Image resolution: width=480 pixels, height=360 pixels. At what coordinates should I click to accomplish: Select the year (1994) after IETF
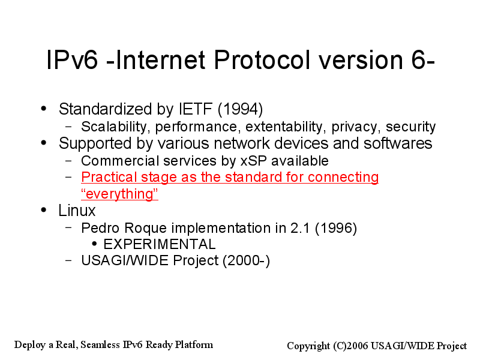[241, 109]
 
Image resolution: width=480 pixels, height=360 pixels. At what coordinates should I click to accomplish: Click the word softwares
[398, 143]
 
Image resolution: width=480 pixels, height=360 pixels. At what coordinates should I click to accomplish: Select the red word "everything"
[119, 194]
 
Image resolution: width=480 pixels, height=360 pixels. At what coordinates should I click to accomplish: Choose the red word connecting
[343, 178]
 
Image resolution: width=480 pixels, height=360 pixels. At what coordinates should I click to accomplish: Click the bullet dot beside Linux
[44, 210]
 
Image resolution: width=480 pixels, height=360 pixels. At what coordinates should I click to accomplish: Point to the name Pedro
[101, 228]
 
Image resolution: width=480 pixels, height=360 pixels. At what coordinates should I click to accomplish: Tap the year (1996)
[336, 229]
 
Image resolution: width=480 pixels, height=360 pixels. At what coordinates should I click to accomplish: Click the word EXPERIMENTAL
[160, 244]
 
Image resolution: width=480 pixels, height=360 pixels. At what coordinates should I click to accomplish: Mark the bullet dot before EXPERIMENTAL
[94, 244]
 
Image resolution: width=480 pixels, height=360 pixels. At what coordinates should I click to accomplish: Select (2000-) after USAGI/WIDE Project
[247, 261]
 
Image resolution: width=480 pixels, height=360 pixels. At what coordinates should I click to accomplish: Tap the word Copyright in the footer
[308, 346]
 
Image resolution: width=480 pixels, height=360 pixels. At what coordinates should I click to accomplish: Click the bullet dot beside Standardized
[44, 109]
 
